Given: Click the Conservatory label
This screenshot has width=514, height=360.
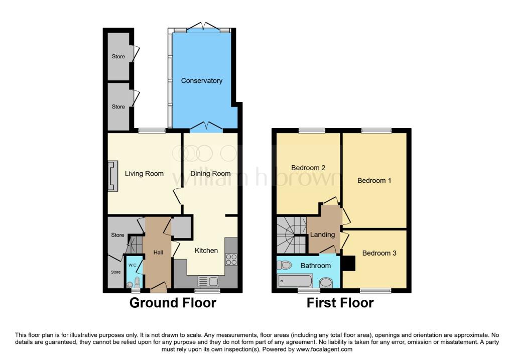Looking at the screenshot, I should click(x=202, y=81).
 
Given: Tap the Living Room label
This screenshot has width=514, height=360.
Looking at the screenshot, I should click(x=144, y=174).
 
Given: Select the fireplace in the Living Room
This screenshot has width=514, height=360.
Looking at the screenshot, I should click(x=113, y=176).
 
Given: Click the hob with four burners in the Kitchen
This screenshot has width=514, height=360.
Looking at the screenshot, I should click(x=231, y=260).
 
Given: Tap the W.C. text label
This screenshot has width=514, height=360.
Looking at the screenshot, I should click(x=133, y=265).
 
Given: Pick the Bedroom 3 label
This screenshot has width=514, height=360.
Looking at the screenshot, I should click(x=379, y=253).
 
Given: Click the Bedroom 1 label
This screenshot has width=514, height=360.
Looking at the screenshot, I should click(x=374, y=181).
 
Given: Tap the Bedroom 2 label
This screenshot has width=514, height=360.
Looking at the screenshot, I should click(x=308, y=168).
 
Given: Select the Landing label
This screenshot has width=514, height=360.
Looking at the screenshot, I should click(x=322, y=234).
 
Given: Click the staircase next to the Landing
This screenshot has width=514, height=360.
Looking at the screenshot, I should click(x=291, y=235).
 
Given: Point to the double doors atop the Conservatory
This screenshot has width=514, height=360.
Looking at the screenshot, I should click(x=202, y=26).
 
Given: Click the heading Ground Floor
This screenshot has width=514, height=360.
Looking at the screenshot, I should click(x=173, y=303).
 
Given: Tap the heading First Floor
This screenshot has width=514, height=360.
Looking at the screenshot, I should click(x=340, y=303).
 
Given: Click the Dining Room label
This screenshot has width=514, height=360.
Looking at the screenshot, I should click(x=210, y=174).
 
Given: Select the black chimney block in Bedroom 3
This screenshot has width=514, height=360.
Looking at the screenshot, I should click(x=348, y=263).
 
